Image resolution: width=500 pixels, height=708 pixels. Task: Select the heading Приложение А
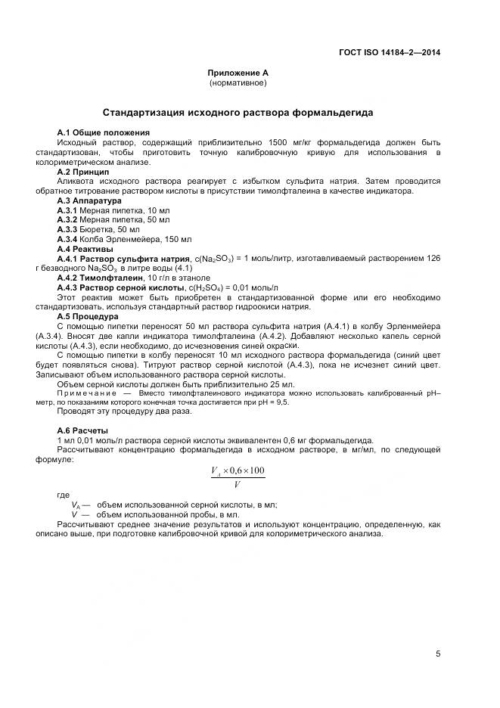[238, 73]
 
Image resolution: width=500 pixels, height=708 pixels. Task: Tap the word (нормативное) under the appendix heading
[238, 82]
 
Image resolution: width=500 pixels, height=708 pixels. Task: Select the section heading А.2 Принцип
[84, 172]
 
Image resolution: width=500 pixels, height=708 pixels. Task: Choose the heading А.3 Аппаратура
[89, 201]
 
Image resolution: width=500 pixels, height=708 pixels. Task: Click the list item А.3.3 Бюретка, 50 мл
[98, 229]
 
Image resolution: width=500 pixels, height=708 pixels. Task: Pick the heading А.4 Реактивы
[85, 249]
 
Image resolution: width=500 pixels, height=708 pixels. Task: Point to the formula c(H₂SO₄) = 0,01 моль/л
[233, 288]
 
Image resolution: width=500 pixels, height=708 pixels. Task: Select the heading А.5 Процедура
[88, 318]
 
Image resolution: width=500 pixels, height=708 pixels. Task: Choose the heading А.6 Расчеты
[83, 431]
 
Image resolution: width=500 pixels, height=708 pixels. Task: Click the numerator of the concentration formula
[238, 471]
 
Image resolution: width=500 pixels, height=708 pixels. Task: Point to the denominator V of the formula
[238, 484]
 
